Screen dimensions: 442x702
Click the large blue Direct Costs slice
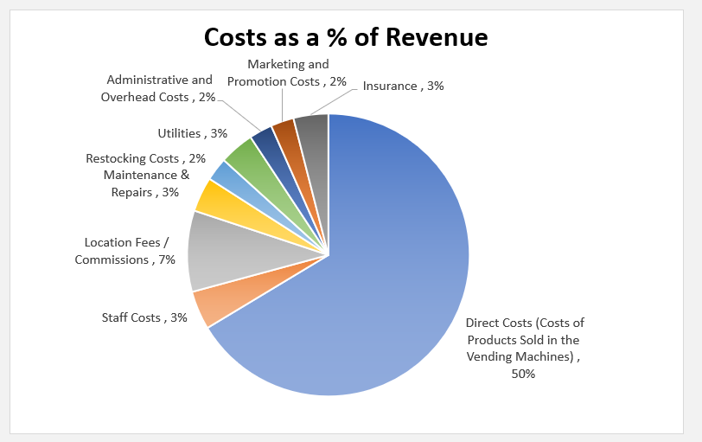point(389,285)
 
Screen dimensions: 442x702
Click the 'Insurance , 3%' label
point(403,86)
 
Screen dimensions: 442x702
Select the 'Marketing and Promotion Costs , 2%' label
point(287,73)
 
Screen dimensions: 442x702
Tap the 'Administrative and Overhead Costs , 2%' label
point(158,88)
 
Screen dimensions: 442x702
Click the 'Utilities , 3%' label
point(192,133)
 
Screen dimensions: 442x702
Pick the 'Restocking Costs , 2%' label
point(145,158)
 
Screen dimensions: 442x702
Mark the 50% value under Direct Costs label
point(523,374)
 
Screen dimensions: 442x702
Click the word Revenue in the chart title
point(437,37)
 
